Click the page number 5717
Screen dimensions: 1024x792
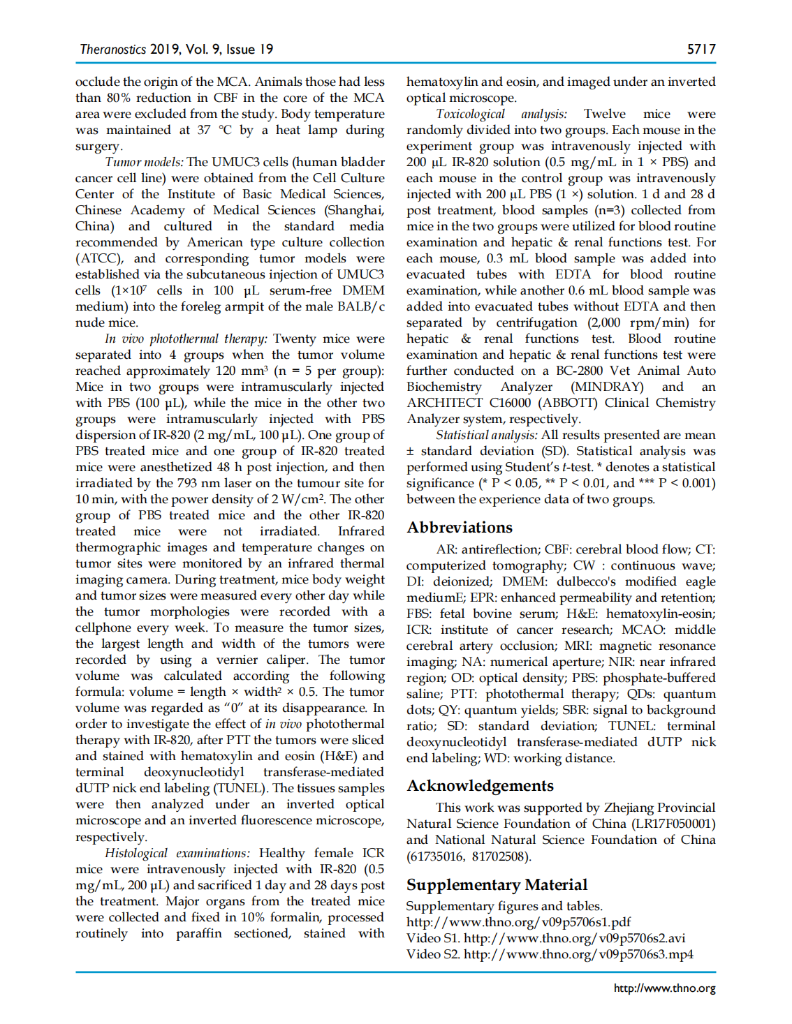point(701,49)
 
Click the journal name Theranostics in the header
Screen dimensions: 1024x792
point(112,49)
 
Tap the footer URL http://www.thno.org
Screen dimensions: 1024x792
point(664,988)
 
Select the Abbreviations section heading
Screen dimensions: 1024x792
point(460,527)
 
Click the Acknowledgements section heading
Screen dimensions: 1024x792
point(480,785)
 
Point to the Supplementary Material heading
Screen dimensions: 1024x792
point(497,884)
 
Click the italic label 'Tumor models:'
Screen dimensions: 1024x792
point(144,162)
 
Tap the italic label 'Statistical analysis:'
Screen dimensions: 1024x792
point(486,435)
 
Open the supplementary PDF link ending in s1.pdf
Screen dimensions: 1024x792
point(518,922)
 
